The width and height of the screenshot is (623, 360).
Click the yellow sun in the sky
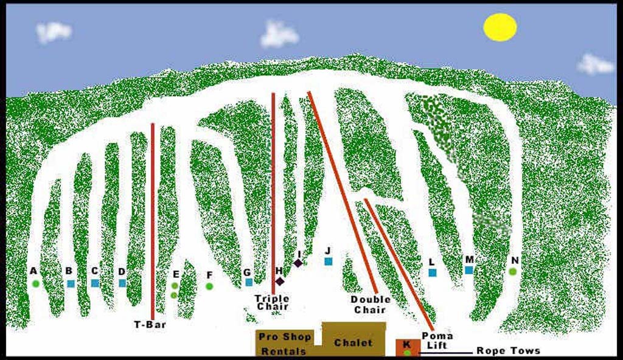(x=500, y=27)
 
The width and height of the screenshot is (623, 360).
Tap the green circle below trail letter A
(x=36, y=283)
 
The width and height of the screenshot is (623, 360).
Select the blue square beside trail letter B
(x=71, y=283)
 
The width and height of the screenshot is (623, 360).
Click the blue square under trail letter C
(x=95, y=283)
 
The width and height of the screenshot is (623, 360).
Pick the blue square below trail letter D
(x=122, y=283)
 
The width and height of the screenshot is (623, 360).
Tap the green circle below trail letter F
(x=209, y=286)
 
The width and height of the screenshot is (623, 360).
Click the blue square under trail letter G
(x=249, y=282)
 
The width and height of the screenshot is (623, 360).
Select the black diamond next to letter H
(x=280, y=281)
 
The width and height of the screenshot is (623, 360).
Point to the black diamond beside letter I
(x=298, y=263)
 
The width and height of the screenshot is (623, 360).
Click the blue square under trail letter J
(x=329, y=261)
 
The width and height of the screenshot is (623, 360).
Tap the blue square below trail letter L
(x=433, y=272)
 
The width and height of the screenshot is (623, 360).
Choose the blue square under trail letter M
(x=469, y=270)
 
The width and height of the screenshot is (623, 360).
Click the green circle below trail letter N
(x=513, y=271)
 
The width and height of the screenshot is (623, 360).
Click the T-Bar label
(x=150, y=325)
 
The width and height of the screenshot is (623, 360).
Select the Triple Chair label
(x=272, y=302)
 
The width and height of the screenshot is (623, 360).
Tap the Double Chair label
(x=371, y=304)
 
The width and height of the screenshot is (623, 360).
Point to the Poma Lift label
(x=437, y=341)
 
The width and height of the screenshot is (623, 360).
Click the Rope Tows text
(x=508, y=351)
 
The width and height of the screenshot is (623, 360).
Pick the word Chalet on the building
(x=353, y=342)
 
